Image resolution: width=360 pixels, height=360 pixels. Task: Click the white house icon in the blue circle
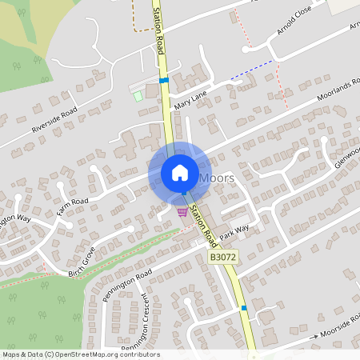point(179,173)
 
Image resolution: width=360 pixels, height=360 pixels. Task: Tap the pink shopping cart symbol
point(183,211)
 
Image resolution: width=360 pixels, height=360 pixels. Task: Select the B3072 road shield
point(225,258)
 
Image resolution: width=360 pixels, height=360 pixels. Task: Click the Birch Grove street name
point(82,259)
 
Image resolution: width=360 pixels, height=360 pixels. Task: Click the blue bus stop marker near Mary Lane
point(164,80)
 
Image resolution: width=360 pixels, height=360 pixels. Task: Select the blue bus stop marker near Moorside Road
point(244,307)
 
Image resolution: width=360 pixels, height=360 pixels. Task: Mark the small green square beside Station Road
point(138,96)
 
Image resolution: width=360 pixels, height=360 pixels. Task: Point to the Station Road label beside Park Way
point(205,224)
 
